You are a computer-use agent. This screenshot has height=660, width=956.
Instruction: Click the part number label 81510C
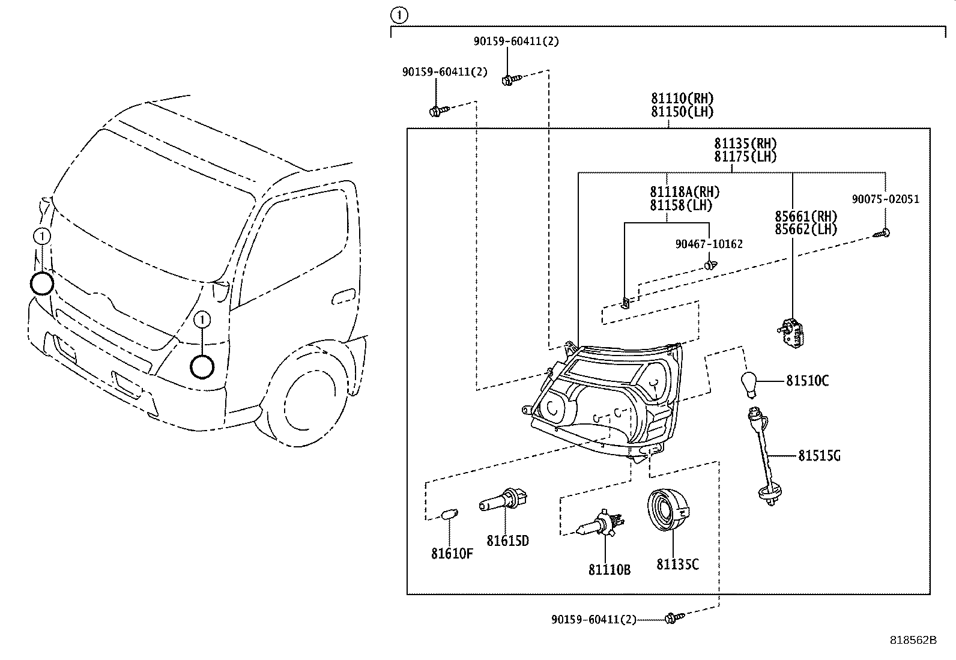[x=807, y=380]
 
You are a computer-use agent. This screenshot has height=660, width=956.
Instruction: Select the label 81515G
[x=818, y=456]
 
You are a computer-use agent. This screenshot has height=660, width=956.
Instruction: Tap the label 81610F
[x=452, y=553]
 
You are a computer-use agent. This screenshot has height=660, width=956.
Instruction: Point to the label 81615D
[x=507, y=540]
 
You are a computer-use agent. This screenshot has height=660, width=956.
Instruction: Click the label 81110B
[x=609, y=569]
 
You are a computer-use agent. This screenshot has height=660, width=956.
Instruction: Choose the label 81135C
[x=677, y=564]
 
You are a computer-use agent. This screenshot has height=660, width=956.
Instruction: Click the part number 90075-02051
[x=885, y=199]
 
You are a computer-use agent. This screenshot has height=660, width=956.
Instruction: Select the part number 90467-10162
[x=709, y=244]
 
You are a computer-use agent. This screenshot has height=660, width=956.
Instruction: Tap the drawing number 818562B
[x=913, y=640]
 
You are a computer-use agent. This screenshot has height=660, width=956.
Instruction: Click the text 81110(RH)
[x=682, y=98]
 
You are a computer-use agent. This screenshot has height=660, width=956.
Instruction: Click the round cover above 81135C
[x=668, y=511]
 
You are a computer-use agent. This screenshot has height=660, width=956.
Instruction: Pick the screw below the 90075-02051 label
[x=883, y=232]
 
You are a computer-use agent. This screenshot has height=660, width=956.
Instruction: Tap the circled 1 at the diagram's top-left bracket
[x=399, y=16]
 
